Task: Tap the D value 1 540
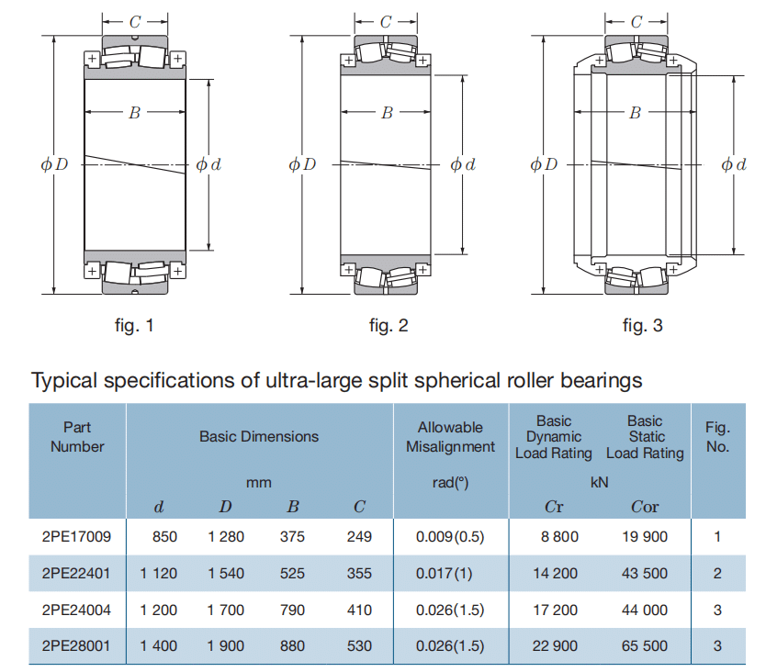[226, 573]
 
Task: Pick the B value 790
[292, 610]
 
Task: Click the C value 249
[359, 536]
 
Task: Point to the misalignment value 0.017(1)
[449, 573]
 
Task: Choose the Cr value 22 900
[556, 646]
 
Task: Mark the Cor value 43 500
[644, 573]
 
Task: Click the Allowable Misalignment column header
[450, 437]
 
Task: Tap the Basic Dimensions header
[259, 437]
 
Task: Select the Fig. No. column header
[717, 437]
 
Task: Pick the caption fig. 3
[642, 325]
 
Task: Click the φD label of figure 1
[55, 165]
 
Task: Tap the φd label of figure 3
[734, 165]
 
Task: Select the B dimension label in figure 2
[387, 113]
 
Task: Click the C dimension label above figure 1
[135, 20]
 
